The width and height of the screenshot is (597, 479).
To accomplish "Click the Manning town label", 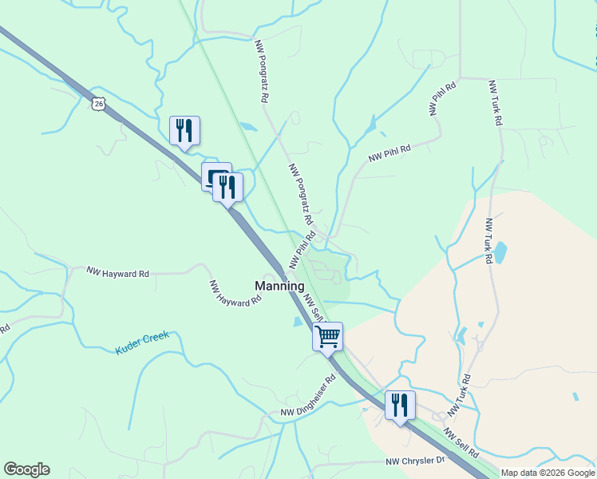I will click(x=279, y=286).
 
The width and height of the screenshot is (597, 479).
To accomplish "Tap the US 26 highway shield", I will click(x=98, y=104).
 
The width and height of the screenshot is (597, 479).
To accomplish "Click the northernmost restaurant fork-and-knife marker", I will click(x=185, y=130).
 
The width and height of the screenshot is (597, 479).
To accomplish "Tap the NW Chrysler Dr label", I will click(x=415, y=461).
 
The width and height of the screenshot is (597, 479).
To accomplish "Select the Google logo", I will click(x=26, y=469).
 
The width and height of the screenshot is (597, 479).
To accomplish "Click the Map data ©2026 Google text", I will click(x=548, y=473).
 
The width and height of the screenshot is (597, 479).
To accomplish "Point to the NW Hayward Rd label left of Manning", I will click(x=118, y=273).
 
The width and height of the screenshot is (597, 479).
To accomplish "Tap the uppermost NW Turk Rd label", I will click(x=495, y=105).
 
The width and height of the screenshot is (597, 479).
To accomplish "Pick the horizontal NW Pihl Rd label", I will click(x=389, y=153).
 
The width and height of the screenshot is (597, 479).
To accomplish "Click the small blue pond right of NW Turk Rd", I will click(x=500, y=252).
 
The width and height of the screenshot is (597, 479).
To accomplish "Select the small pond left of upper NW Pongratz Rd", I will click(x=249, y=126).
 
